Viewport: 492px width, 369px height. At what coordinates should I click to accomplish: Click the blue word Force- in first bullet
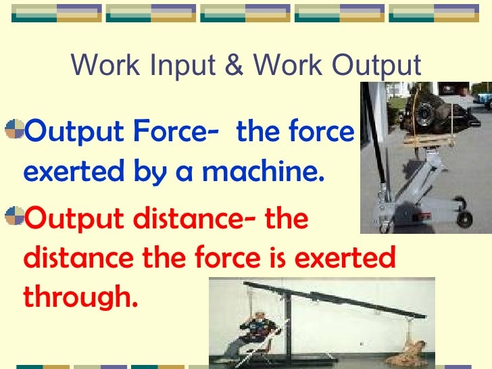click(x=172, y=131)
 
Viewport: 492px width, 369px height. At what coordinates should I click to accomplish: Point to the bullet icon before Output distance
click(x=14, y=217)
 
